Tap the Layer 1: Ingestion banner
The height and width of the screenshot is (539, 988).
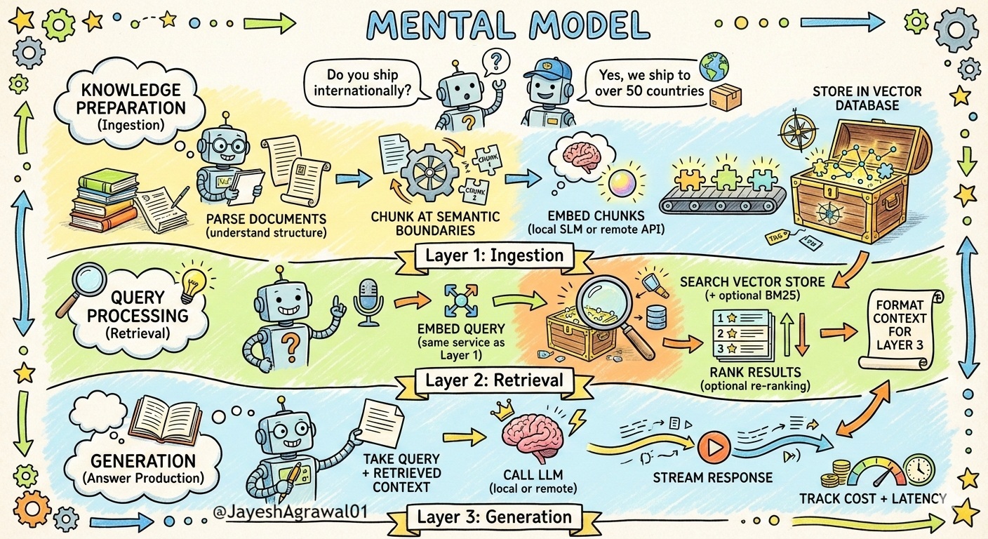point(494,256)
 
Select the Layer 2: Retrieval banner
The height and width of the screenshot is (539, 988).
point(494,380)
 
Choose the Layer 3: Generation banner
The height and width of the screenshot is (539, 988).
point(494,518)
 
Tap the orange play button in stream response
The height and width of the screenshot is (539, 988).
point(714,446)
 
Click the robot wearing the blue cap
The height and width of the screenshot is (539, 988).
point(547,91)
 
